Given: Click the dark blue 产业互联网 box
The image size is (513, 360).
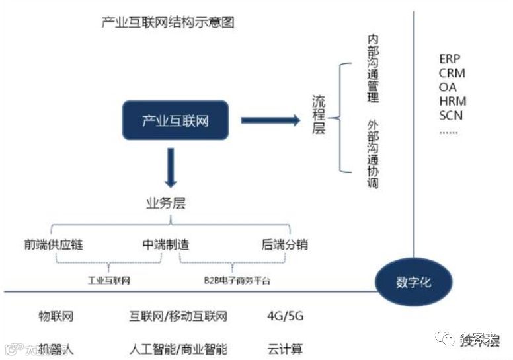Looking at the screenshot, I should click(175, 120).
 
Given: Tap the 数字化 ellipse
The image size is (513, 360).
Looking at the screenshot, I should click(413, 282).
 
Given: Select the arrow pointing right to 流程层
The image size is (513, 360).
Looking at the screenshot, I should click(271, 120).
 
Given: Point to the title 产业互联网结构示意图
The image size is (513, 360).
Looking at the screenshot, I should click(168, 22).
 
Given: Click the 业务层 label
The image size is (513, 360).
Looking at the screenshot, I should click(166, 203).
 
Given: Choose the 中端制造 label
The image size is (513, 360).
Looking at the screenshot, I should click(166, 245).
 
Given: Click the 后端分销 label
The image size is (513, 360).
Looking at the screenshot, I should click(285, 245).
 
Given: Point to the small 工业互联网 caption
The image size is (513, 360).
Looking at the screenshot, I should click(109, 280).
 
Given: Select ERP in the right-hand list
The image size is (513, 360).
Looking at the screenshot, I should click(450, 59).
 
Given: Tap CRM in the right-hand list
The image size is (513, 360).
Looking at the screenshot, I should click(452, 73).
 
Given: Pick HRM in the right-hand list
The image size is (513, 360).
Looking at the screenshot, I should click(452, 101).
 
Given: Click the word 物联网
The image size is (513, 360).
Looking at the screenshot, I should click(56, 316).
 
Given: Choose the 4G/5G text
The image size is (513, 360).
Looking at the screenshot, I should click(285, 316).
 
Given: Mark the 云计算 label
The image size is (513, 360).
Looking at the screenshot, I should click(285, 349).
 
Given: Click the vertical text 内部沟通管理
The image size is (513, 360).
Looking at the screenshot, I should click(374, 65).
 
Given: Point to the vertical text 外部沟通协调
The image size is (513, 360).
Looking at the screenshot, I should click(374, 154).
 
